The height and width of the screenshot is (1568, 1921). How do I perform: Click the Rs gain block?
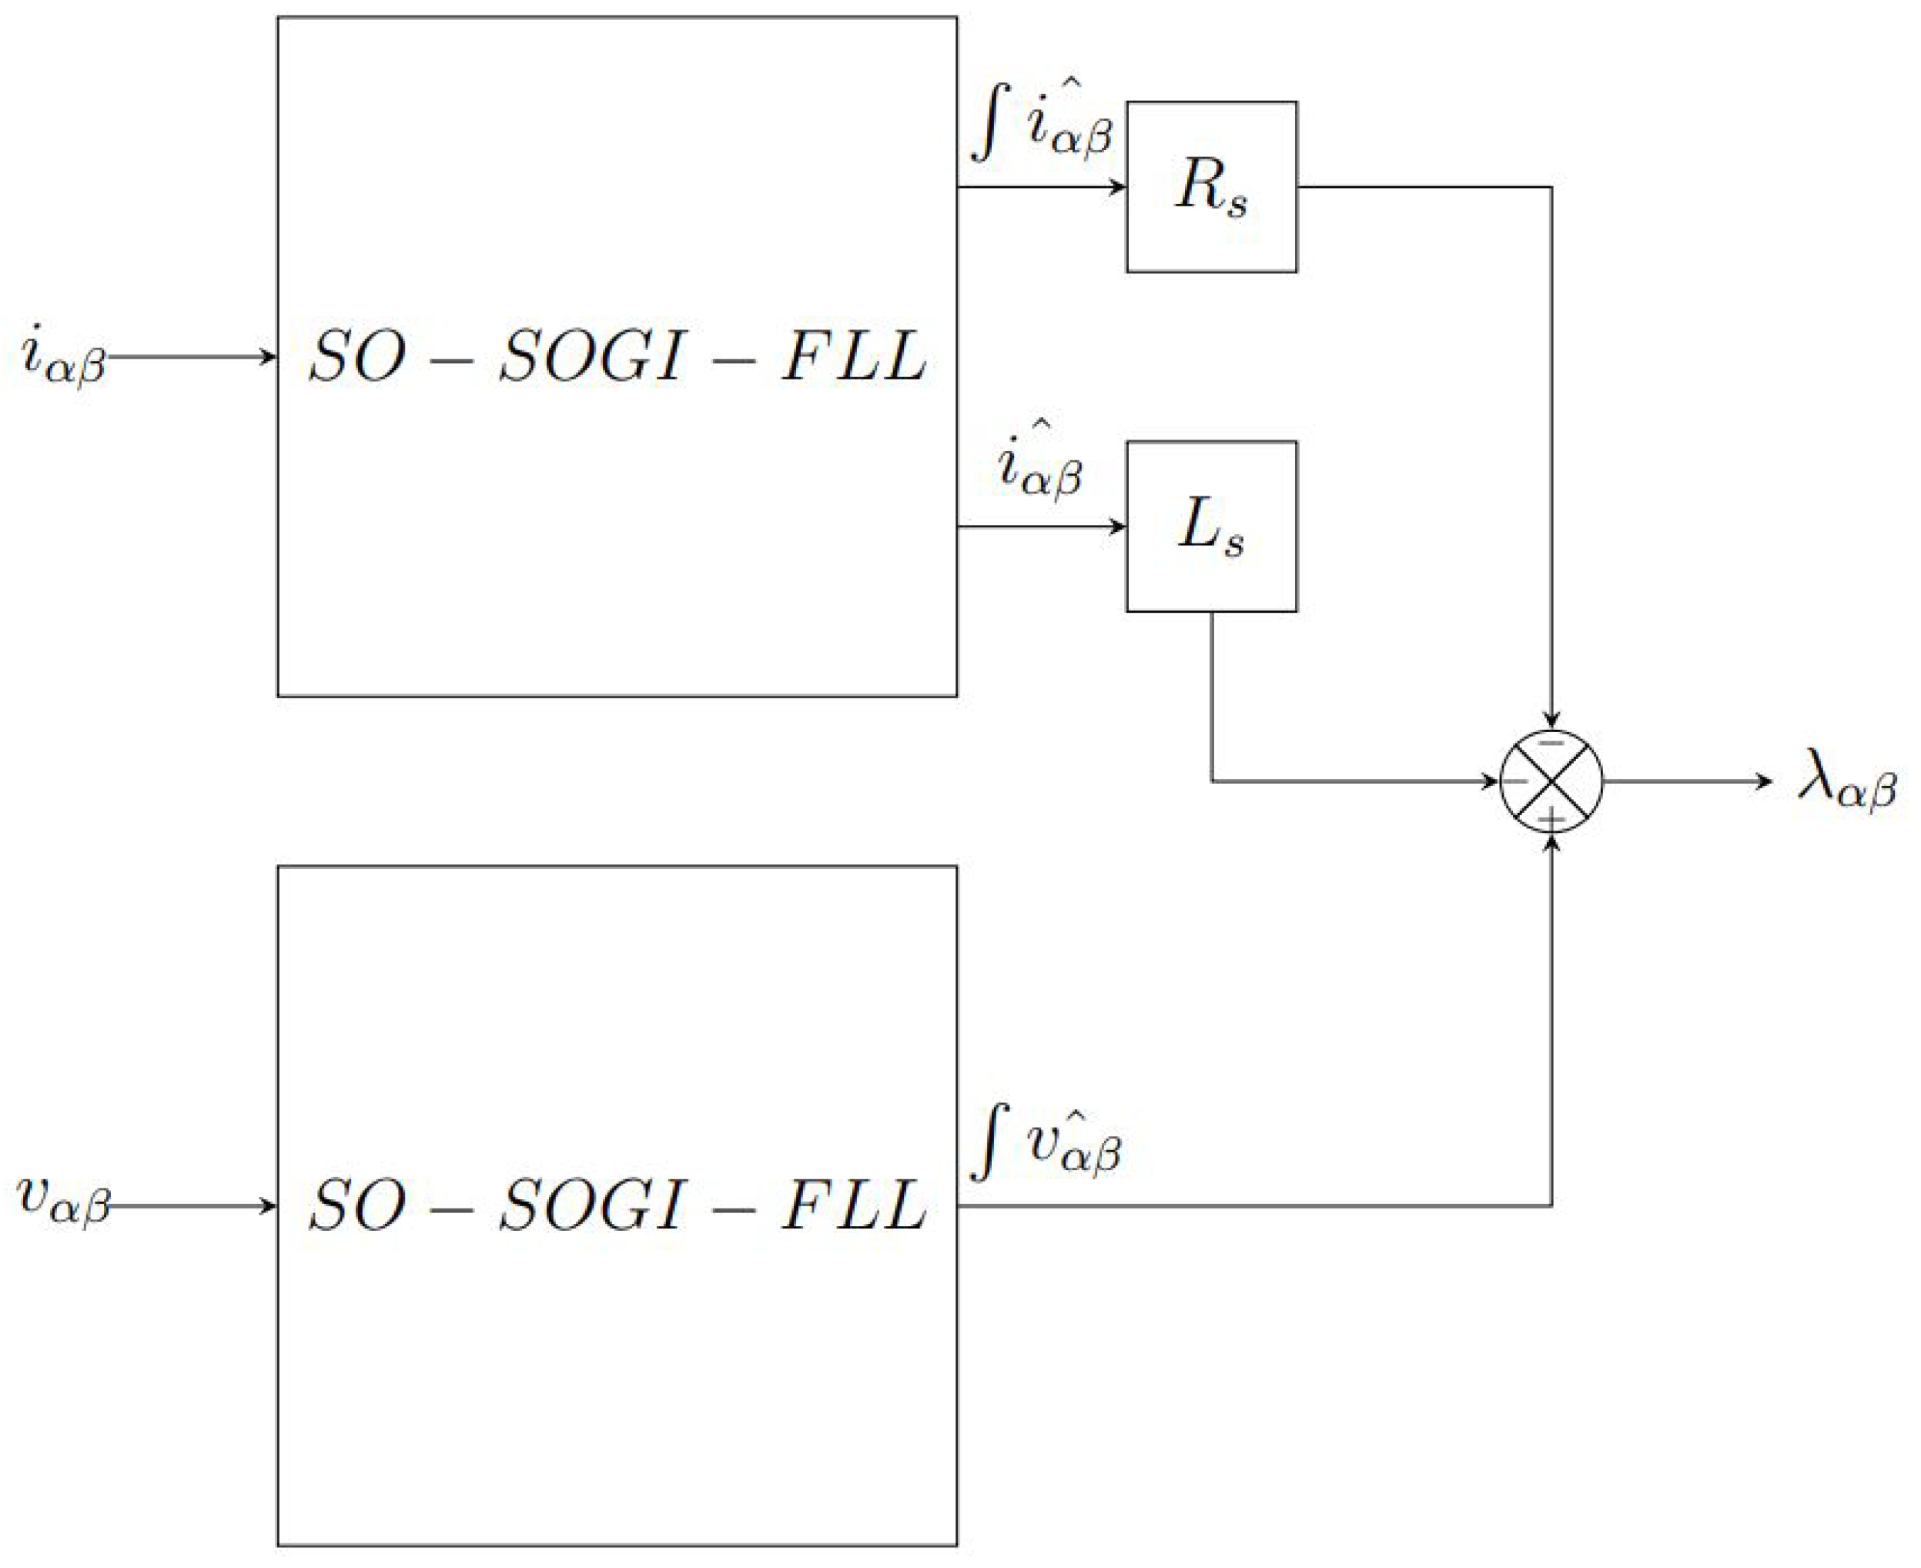point(1211,187)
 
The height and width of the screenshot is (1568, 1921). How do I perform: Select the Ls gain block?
point(1211,527)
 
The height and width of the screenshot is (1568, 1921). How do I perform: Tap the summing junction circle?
point(1551,781)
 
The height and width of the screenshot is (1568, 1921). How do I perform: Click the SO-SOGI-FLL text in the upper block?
point(617,356)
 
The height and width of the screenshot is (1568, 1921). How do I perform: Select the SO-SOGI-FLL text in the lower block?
point(617,1205)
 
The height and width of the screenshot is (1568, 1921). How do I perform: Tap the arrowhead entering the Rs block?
point(1118,187)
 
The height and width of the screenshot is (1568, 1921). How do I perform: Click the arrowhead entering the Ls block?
point(1118,527)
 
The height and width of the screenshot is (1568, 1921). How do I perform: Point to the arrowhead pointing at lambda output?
point(1764,781)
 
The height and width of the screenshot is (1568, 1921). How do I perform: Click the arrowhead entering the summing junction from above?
point(1551,720)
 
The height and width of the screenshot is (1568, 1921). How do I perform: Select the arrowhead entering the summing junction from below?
point(1551,843)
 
